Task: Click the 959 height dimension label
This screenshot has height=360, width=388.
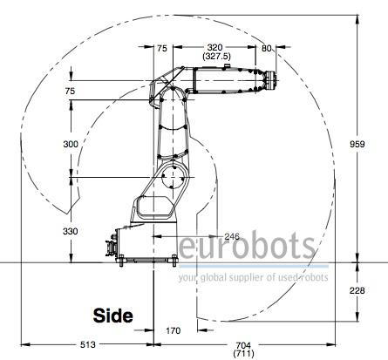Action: (x=357, y=144)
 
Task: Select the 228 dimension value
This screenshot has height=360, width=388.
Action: (x=357, y=290)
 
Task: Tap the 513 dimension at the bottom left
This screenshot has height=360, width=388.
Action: (x=87, y=344)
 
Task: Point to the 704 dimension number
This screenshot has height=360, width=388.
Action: (x=243, y=345)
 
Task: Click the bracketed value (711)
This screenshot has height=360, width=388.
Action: (x=243, y=354)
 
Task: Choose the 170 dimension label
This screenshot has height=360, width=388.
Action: (x=173, y=330)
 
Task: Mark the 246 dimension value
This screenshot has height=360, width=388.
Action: (x=232, y=236)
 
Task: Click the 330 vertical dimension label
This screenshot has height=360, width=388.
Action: (x=71, y=231)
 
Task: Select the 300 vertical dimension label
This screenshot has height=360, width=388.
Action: (x=71, y=144)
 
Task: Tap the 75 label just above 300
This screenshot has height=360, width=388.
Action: (x=70, y=92)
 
